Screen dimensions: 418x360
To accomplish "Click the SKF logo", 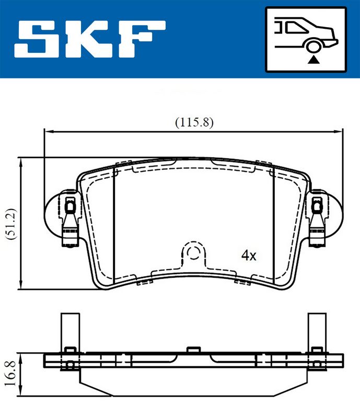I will [91, 40].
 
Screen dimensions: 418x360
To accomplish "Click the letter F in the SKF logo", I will [146, 40].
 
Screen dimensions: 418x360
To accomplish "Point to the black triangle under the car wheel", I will [313, 61].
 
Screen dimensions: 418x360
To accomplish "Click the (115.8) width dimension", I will [194, 122].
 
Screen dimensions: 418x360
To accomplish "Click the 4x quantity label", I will [249, 256].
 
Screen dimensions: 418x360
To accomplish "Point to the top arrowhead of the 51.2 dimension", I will [20, 160].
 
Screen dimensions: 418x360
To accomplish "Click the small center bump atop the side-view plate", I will [193, 349].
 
